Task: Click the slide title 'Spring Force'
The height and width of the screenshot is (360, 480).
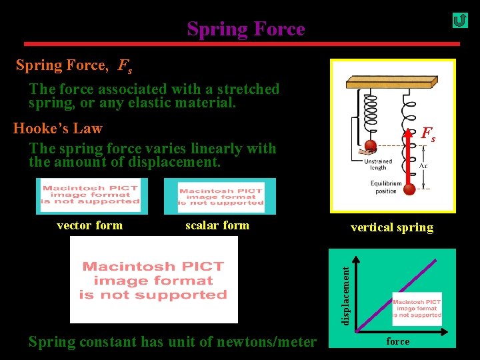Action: (x=245, y=29)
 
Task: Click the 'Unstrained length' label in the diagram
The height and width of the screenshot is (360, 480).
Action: (x=378, y=164)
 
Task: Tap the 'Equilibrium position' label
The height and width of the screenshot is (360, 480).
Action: (x=386, y=187)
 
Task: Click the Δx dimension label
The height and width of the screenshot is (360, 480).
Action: (x=423, y=165)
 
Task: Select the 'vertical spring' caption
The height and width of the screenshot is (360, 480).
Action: (x=391, y=227)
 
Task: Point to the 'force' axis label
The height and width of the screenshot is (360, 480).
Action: (x=398, y=341)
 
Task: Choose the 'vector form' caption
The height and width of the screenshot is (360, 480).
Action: (x=89, y=225)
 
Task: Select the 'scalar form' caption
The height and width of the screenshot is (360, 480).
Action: (x=217, y=225)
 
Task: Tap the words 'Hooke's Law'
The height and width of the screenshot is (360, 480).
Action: (x=58, y=128)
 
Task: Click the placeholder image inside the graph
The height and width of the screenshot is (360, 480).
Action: (x=417, y=309)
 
